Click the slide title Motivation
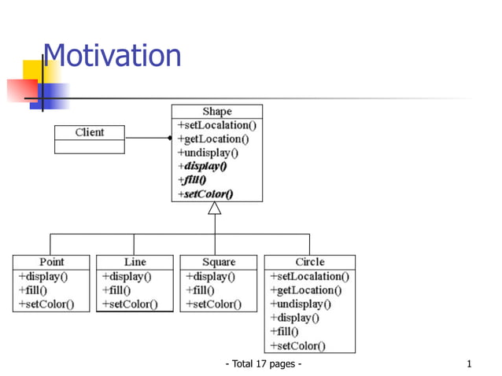coord(112,56)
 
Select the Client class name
coord(89,132)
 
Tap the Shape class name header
coord(216,111)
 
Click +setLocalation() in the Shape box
coord(216,125)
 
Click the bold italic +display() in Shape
coord(202,166)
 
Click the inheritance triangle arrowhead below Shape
coord(214,208)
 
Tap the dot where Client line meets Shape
coord(170,138)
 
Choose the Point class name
coord(52,262)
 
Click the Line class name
coord(135,262)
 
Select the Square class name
coord(218,262)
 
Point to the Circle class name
coord(309,262)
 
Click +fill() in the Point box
coord(32,290)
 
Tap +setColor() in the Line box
coord(130,304)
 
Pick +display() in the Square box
coord(211,277)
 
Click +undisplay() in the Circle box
coord(300,304)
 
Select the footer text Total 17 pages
coord(264,364)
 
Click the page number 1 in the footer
coord(469,364)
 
